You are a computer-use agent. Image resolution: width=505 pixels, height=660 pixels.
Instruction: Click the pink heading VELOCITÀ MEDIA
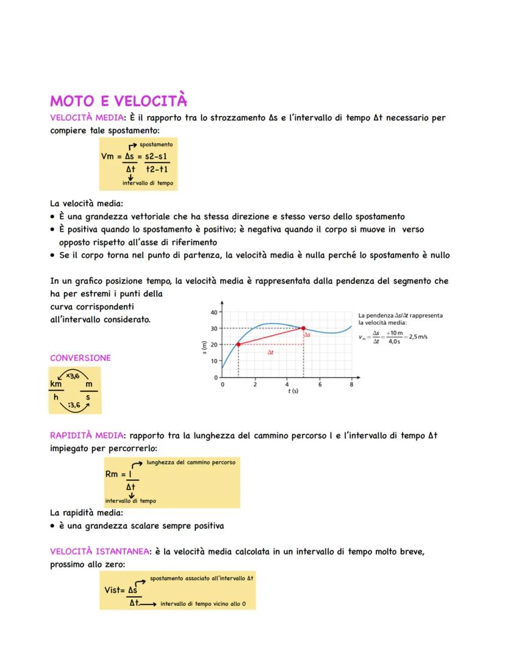click(x=87, y=118)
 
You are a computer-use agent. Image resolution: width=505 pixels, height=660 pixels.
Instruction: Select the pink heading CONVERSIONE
click(x=81, y=358)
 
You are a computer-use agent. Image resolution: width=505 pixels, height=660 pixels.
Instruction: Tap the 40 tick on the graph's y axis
click(x=213, y=312)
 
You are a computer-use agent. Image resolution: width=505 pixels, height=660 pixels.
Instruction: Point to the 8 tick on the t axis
click(x=351, y=385)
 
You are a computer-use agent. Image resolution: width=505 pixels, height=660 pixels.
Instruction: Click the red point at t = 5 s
click(x=303, y=328)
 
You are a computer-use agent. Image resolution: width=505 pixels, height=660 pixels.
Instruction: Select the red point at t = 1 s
click(x=238, y=344)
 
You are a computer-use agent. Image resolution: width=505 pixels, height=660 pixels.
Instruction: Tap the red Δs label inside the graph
click(x=308, y=335)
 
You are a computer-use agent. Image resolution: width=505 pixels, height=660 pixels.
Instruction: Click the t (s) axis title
click(x=293, y=391)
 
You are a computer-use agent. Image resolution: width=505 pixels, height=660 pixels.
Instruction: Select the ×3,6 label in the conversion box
click(x=73, y=376)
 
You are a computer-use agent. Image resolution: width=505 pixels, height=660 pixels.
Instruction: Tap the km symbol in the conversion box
click(x=56, y=385)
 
